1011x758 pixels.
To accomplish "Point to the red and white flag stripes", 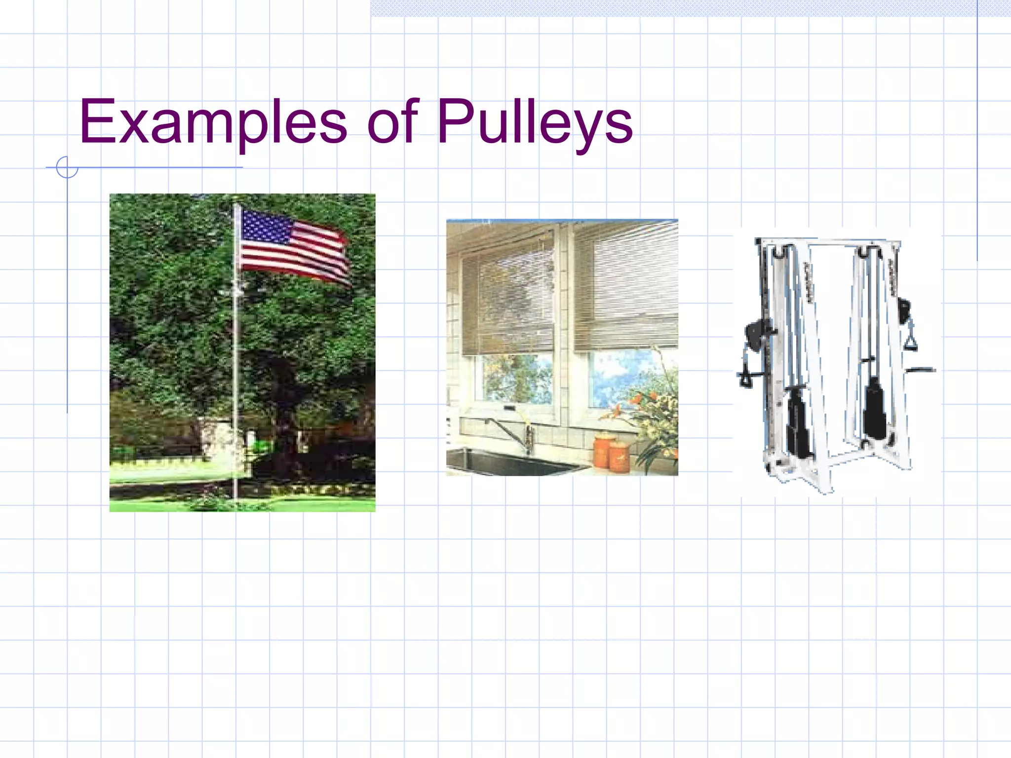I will [306, 257].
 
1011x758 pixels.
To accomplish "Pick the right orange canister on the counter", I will [620, 456].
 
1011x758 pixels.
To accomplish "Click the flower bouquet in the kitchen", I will [652, 415].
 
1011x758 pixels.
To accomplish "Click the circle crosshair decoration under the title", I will [67, 167].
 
